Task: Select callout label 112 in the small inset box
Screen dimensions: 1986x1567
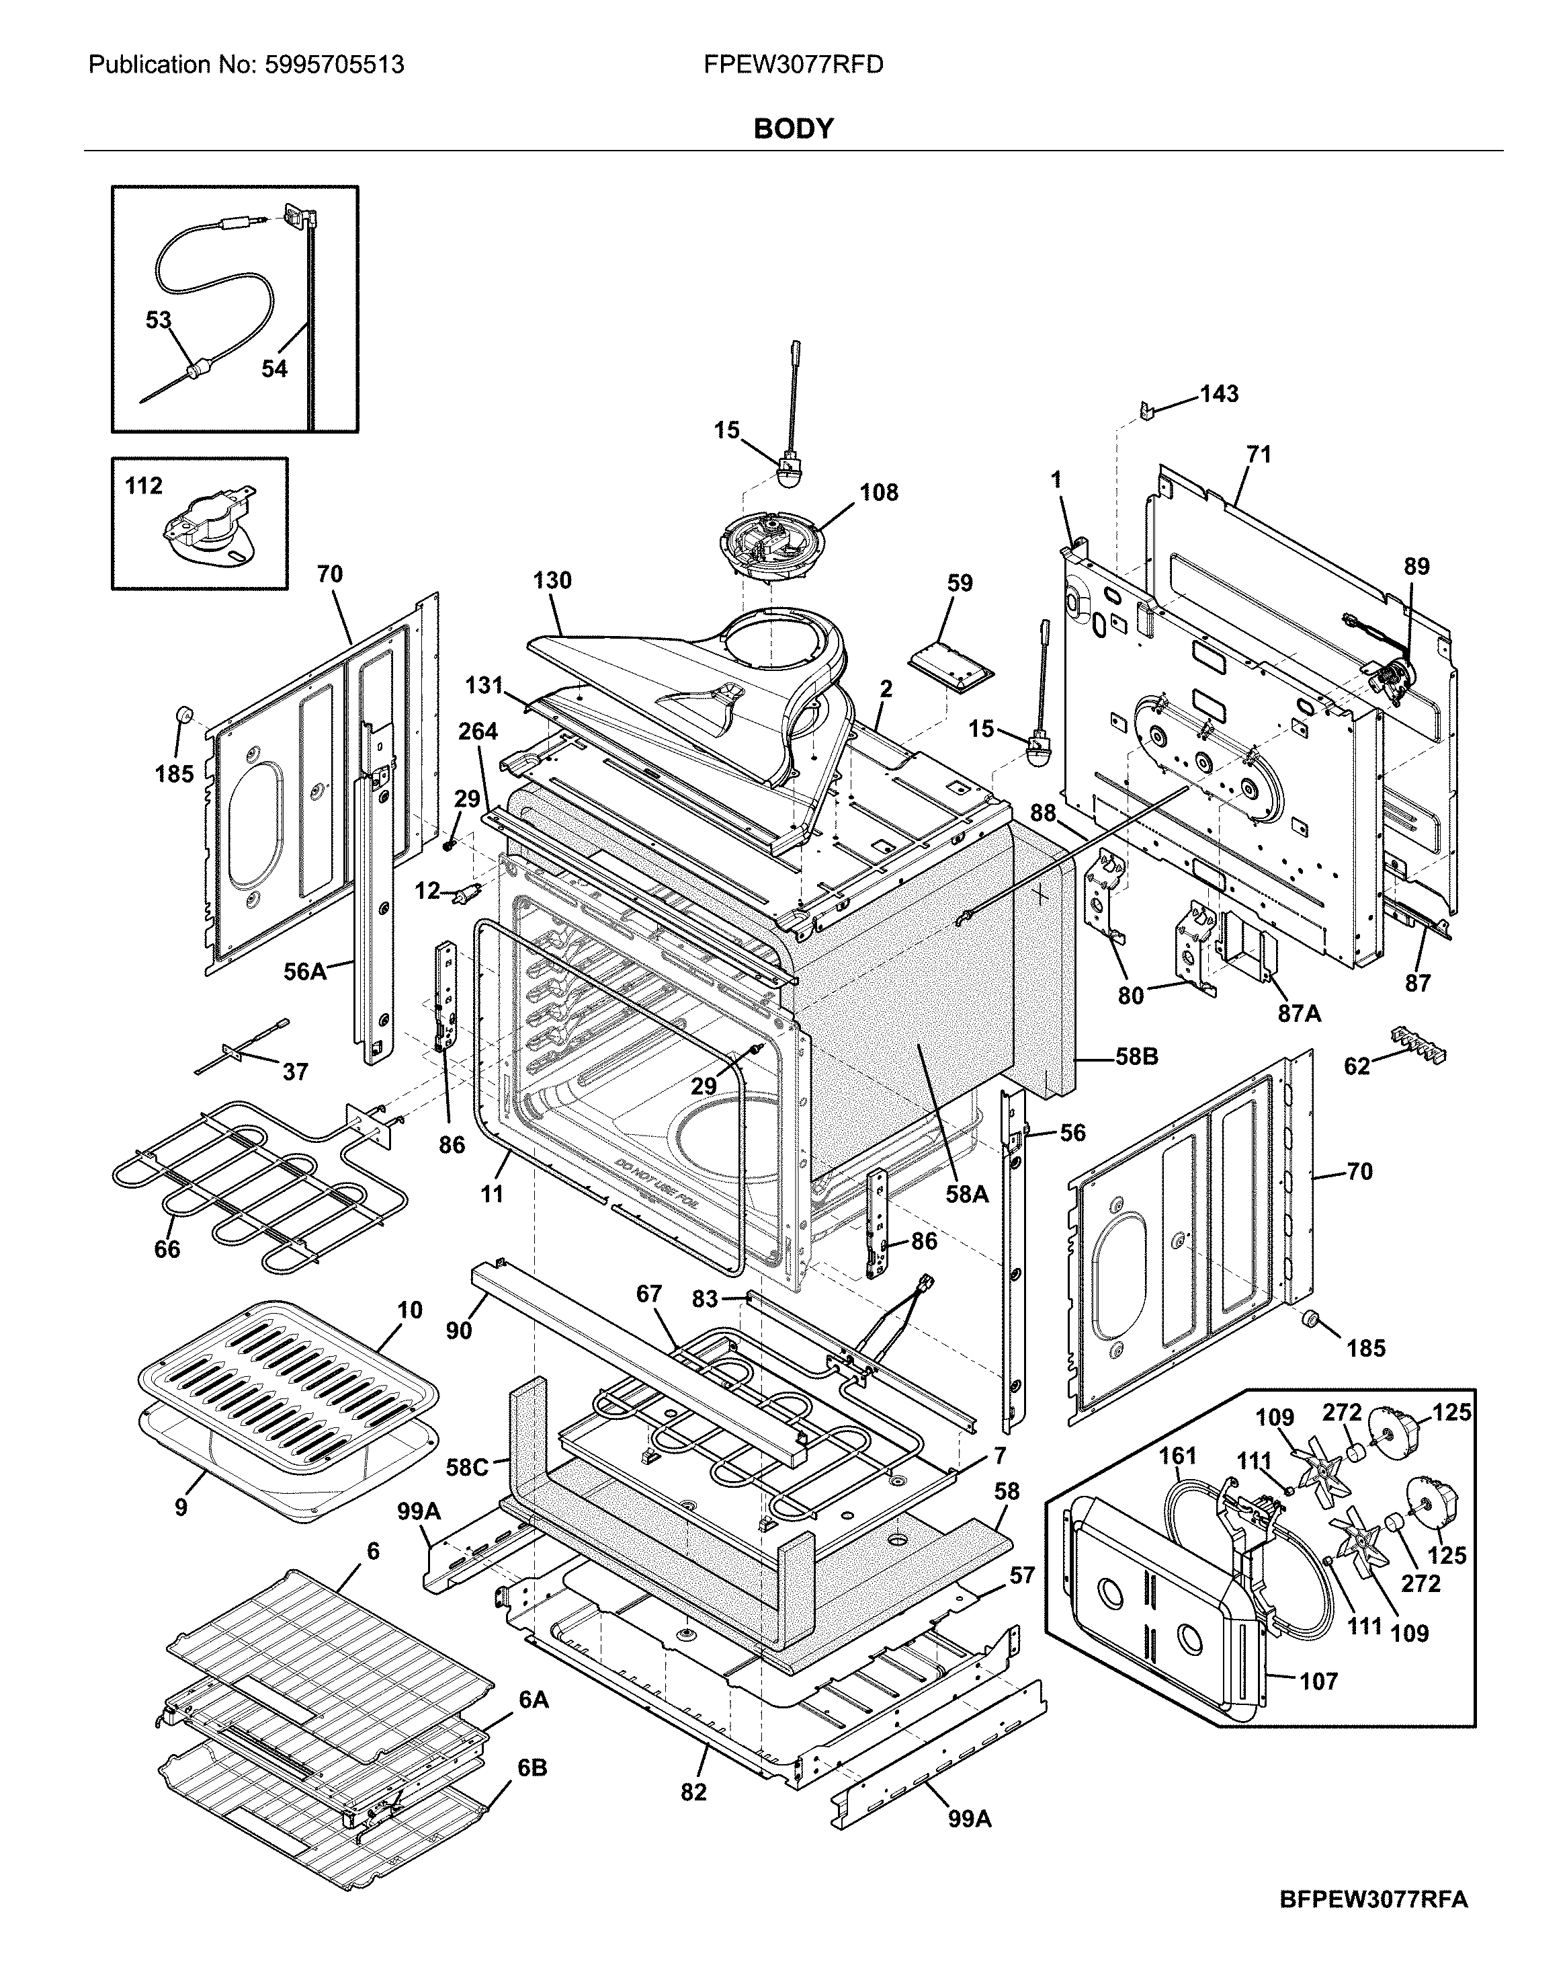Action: pyautogui.click(x=144, y=485)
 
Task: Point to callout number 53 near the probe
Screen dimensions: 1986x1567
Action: pyautogui.click(x=159, y=320)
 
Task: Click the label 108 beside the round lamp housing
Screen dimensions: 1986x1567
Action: pyautogui.click(x=878, y=493)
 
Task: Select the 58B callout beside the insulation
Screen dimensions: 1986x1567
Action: pyautogui.click(x=1137, y=1058)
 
